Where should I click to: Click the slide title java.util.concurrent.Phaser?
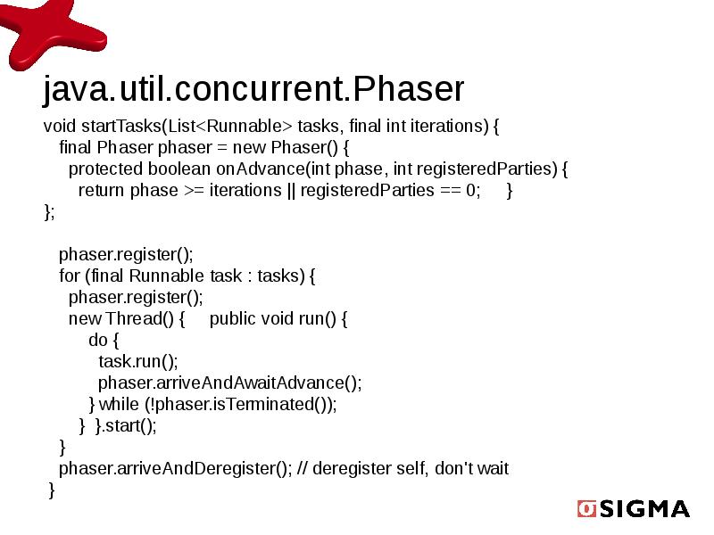pyautogui.click(x=253, y=89)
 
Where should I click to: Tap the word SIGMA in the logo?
pyautogui.click(x=644, y=509)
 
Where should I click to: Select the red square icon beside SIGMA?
pyautogui.click(x=586, y=508)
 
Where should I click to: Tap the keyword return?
pyautogui.click(x=102, y=190)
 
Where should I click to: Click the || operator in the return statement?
pyautogui.click(x=291, y=190)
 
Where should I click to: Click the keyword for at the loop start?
pyautogui.click(x=69, y=276)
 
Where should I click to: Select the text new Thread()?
pyautogui.click(x=126, y=318)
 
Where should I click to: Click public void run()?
pyautogui.click(x=278, y=318)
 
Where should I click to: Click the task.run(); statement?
pyautogui.click(x=137, y=361)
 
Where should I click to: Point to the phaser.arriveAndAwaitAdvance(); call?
pyautogui.click(x=229, y=383)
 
